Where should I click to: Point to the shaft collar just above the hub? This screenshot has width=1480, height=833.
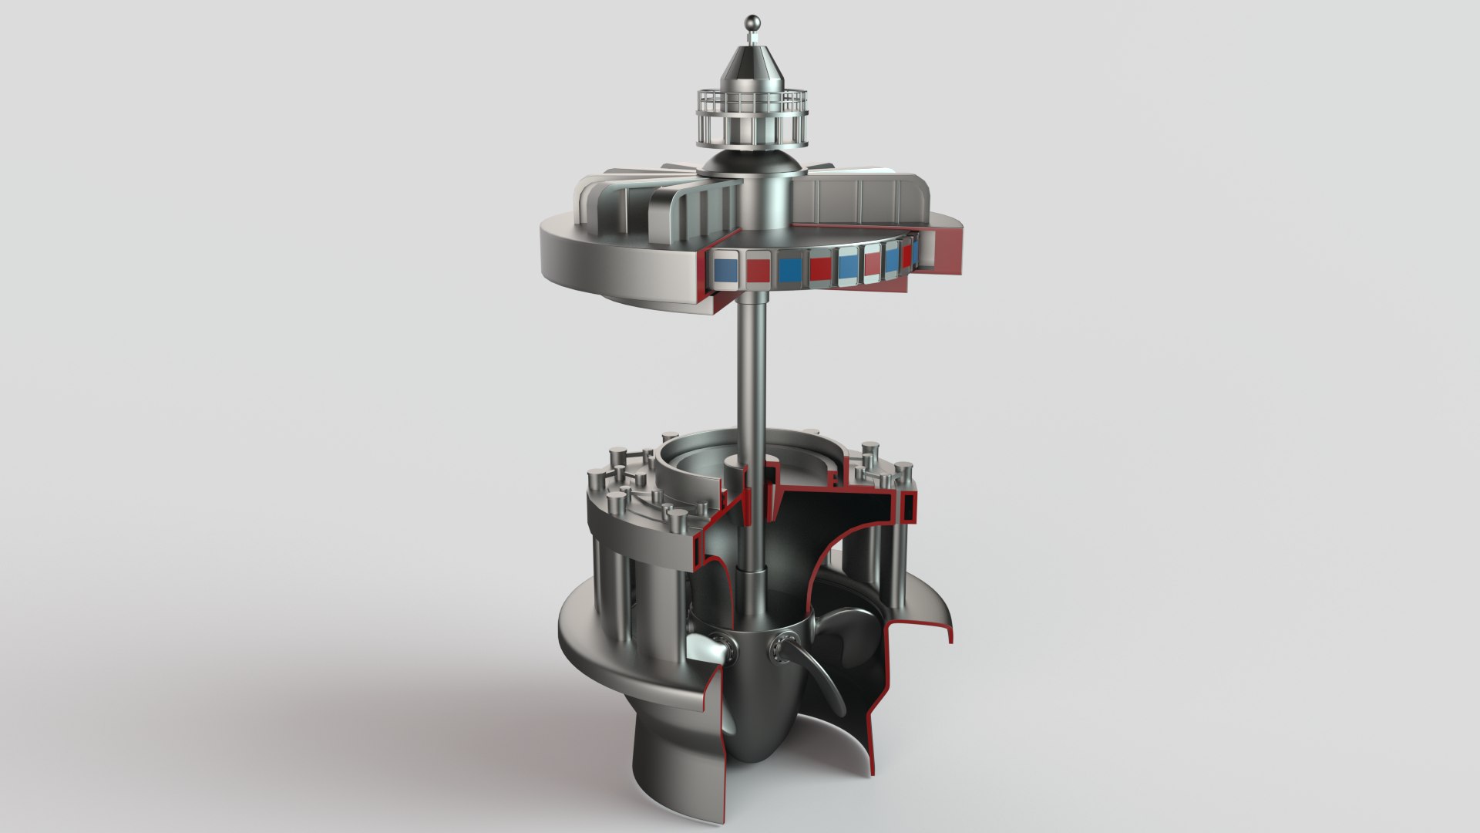click(x=751, y=578)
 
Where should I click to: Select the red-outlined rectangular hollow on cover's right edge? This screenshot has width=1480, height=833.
click(x=909, y=506)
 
